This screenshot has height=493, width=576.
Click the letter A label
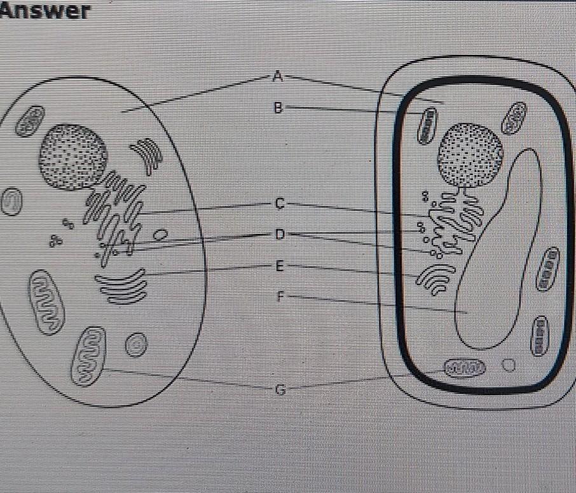(277, 78)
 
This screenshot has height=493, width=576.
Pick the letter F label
(280, 295)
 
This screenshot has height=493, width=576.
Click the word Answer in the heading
(45, 11)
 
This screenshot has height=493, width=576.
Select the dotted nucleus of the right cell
(470, 154)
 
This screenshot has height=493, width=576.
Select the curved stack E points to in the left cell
(121, 286)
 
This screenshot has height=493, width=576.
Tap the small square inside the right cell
(509, 365)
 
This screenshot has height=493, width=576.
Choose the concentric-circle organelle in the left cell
(135, 345)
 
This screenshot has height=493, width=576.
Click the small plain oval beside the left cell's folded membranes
(163, 235)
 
